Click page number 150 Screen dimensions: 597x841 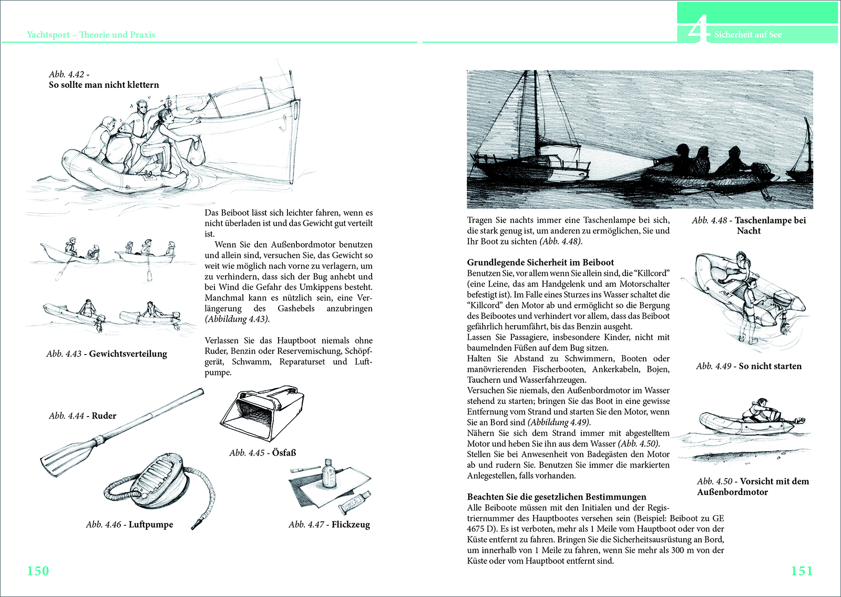[38, 571]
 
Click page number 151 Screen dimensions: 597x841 [802, 571]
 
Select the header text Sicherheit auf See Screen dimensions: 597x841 [747, 35]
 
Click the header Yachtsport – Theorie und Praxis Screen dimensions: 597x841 [91, 35]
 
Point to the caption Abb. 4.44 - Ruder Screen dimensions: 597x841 [83, 416]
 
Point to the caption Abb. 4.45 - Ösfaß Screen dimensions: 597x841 [263, 452]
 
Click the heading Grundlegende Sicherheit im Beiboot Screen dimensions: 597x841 [540, 262]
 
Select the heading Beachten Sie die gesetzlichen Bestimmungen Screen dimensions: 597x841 [557, 497]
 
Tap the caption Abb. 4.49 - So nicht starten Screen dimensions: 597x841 [748, 366]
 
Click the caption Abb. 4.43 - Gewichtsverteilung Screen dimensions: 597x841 [107, 353]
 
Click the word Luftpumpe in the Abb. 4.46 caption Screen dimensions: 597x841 [151, 524]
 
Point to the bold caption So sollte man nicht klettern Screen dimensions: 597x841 [104, 85]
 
